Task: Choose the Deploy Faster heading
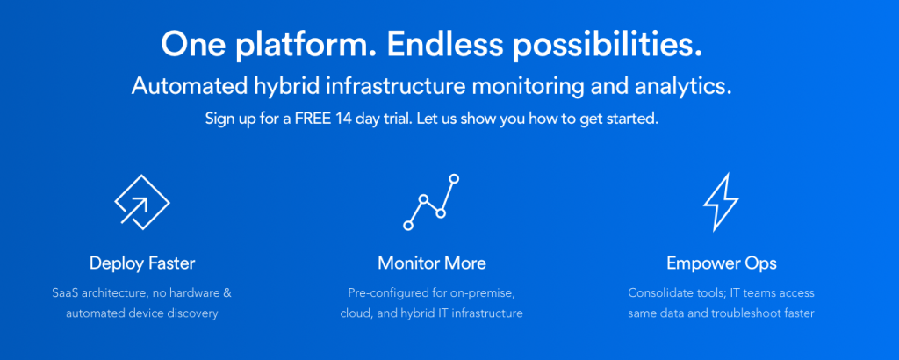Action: pyautogui.click(x=142, y=263)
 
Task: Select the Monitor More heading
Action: pyautogui.click(x=432, y=263)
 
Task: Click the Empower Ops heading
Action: pyautogui.click(x=722, y=263)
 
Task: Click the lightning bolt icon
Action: pyautogui.click(x=721, y=201)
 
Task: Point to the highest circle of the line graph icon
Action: pyautogui.click(x=454, y=178)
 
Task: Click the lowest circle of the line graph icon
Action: pyautogui.click(x=408, y=226)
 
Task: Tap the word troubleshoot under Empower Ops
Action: pyautogui.click(x=745, y=313)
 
